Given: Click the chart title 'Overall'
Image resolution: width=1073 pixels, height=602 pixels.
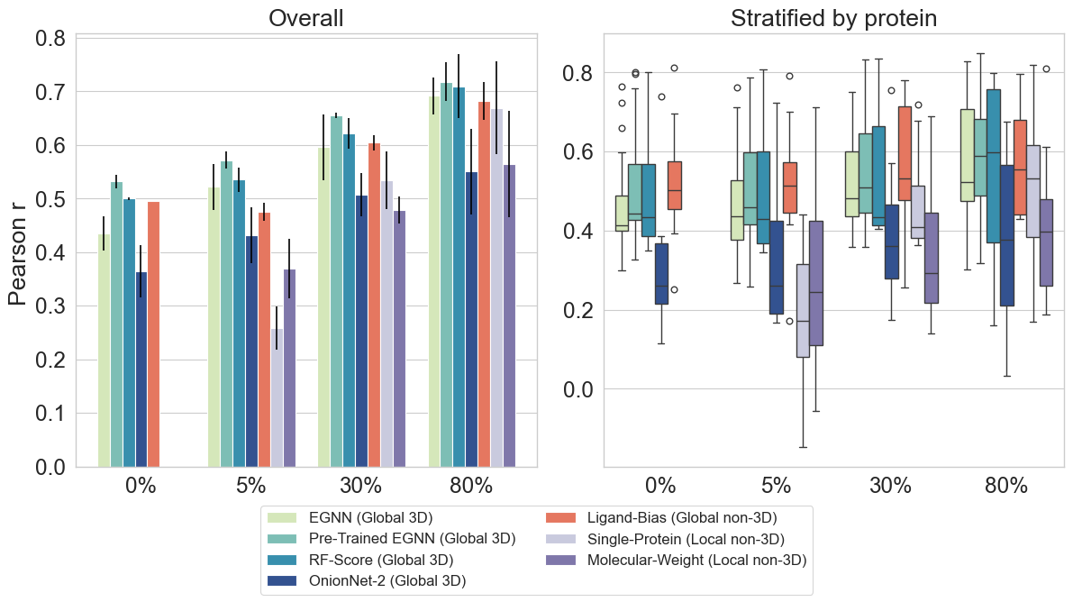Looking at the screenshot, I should [x=306, y=19].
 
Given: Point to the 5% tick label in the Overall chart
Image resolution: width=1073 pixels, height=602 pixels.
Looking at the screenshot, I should [x=250, y=486].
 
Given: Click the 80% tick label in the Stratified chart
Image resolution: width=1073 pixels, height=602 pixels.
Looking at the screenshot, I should [x=1006, y=486].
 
